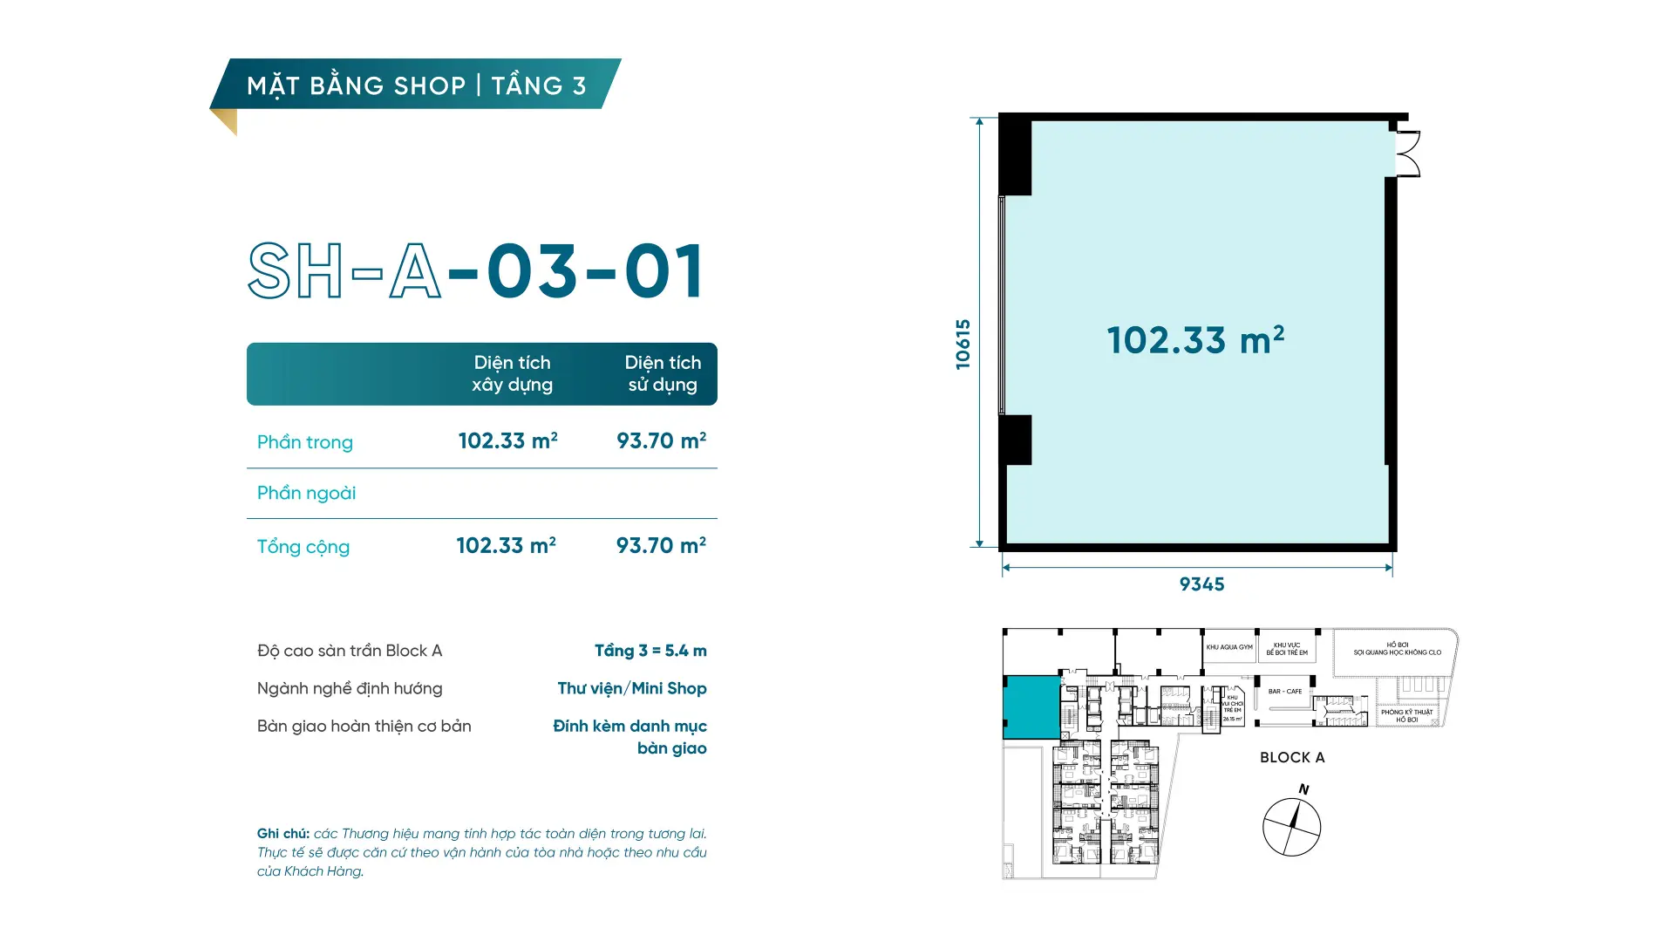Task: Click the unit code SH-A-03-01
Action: point(476,271)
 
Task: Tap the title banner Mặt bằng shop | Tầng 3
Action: point(416,85)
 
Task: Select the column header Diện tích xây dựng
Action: point(512,373)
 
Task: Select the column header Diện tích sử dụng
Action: point(663,373)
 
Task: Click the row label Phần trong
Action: point(304,442)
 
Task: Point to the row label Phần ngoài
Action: point(306,493)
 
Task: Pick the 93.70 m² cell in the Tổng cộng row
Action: point(661,546)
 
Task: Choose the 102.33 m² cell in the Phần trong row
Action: point(507,441)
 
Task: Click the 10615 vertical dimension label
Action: point(963,344)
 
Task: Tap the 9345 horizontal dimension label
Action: point(1201,584)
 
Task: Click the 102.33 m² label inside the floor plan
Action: point(1195,340)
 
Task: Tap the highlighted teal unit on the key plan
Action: point(1031,707)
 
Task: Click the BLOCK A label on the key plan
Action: point(1291,757)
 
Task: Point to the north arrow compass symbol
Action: point(1291,826)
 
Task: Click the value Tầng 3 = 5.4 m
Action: point(650,651)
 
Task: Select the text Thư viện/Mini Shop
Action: point(631,688)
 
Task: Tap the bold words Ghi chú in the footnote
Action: point(282,834)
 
